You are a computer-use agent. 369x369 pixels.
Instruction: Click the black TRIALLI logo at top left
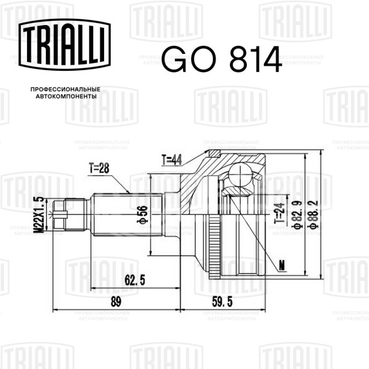click(x=65, y=44)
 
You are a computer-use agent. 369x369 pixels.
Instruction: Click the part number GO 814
click(x=221, y=59)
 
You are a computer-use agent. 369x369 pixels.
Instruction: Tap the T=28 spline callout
click(x=99, y=168)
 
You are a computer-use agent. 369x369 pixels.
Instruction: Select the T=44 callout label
click(x=172, y=160)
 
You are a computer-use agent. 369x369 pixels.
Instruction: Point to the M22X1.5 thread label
click(x=39, y=214)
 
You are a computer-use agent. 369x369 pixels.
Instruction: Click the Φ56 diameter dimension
click(x=142, y=214)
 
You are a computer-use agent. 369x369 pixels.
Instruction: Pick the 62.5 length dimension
click(x=135, y=280)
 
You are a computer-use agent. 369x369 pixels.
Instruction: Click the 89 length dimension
click(x=116, y=301)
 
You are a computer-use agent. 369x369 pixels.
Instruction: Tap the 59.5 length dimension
click(x=222, y=301)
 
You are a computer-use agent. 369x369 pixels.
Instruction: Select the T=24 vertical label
click(x=279, y=213)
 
